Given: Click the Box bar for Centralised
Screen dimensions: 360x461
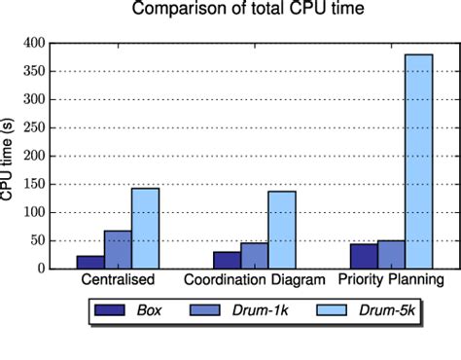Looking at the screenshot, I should coord(90,263).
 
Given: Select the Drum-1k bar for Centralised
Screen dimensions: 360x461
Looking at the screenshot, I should coord(118,250).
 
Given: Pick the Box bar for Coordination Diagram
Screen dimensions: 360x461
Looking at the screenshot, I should coord(227,261).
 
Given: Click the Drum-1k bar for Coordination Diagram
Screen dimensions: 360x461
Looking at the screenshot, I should coord(254,256).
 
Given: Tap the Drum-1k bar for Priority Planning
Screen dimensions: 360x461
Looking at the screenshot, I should coord(391,255).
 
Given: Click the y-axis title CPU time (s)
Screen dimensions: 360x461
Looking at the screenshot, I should coord(9,157).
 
